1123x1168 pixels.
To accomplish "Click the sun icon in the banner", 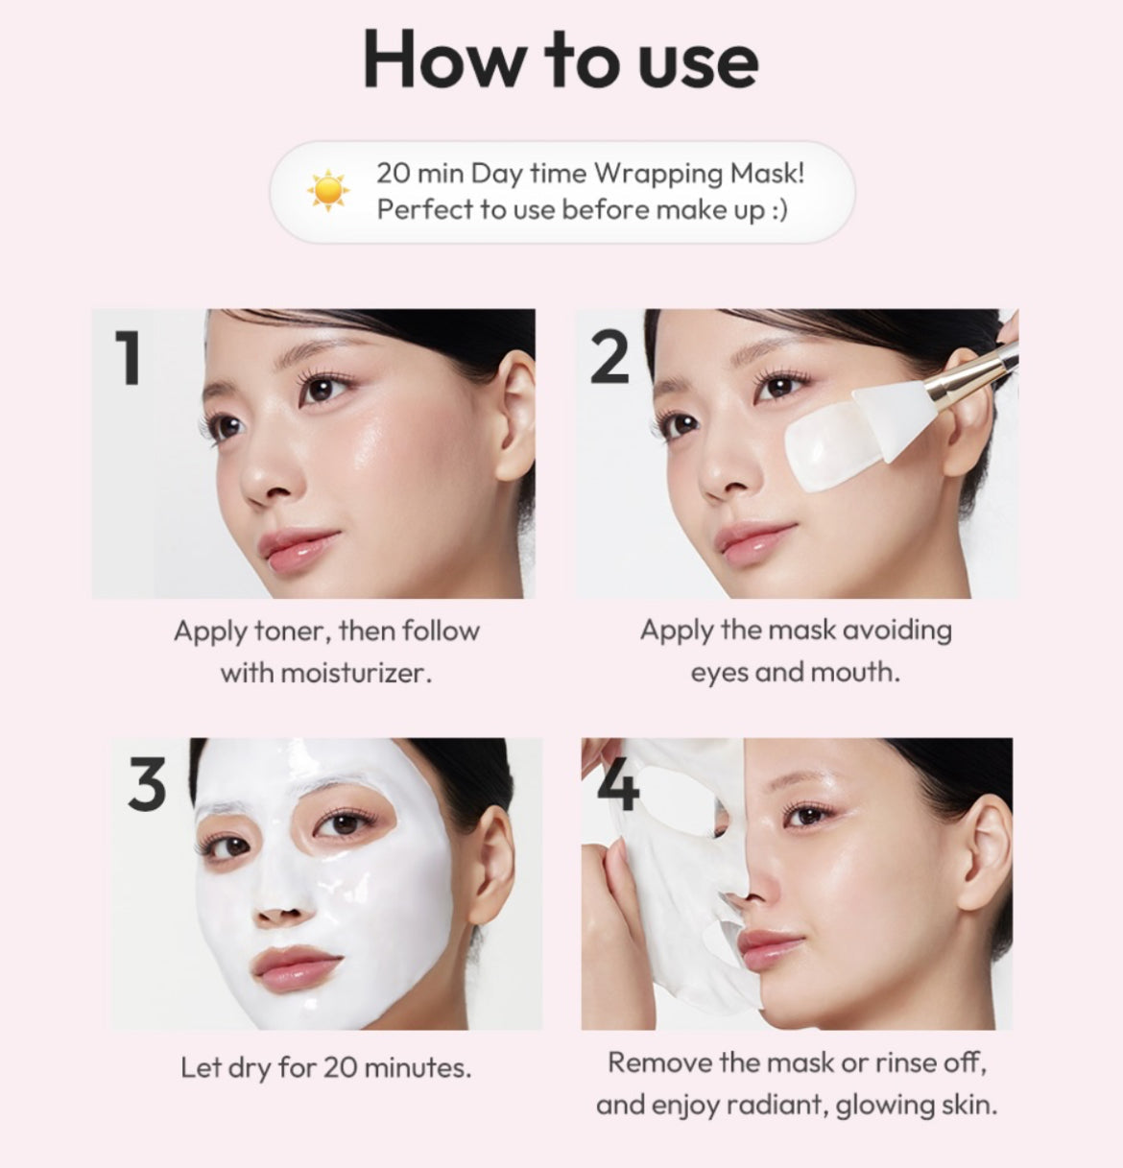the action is coord(327,191).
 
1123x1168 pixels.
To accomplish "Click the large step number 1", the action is coord(129,358).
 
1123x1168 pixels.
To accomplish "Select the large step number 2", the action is coord(609,358).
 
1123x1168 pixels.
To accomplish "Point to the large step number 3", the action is coord(147,784).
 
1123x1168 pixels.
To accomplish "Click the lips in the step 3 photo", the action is coord(295,968).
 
